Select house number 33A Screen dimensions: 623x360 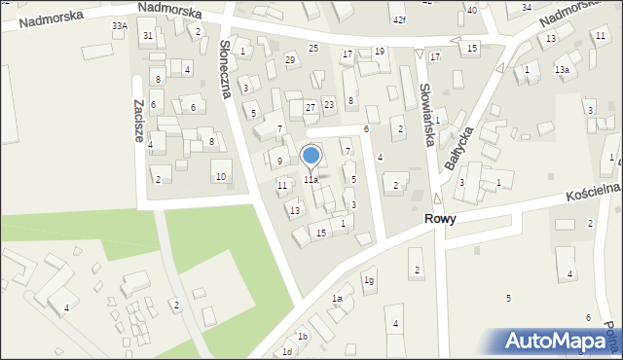(119, 25)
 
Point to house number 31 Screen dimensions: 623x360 (148, 36)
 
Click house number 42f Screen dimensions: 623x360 (399, 19)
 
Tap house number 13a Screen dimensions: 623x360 (562, 70)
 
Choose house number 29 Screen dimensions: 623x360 (290, 60)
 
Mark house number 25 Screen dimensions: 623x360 (312, 48)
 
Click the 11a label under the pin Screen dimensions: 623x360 (311, 180)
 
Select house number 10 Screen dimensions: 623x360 (221, 176)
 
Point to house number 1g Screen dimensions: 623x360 (369, 280)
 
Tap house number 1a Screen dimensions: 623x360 (337, 298)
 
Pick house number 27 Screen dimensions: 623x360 (310, 107)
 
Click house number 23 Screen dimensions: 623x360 (329, 104)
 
